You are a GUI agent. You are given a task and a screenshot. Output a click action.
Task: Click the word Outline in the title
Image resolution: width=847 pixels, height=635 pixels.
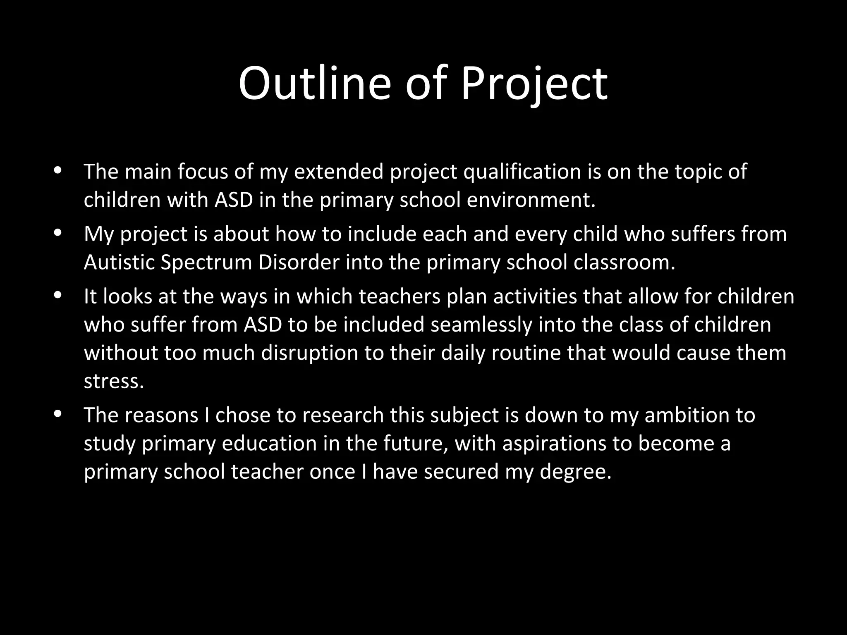point(314,84)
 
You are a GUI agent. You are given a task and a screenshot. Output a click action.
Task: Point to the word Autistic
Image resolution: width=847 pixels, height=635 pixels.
point(119,262)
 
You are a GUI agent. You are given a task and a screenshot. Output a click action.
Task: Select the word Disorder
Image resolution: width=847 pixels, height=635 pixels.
point(299,262)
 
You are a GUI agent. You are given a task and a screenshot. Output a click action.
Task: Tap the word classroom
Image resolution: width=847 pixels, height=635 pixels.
point(624,262)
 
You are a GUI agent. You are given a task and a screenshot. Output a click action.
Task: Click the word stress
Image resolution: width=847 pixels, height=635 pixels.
point(114,382)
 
